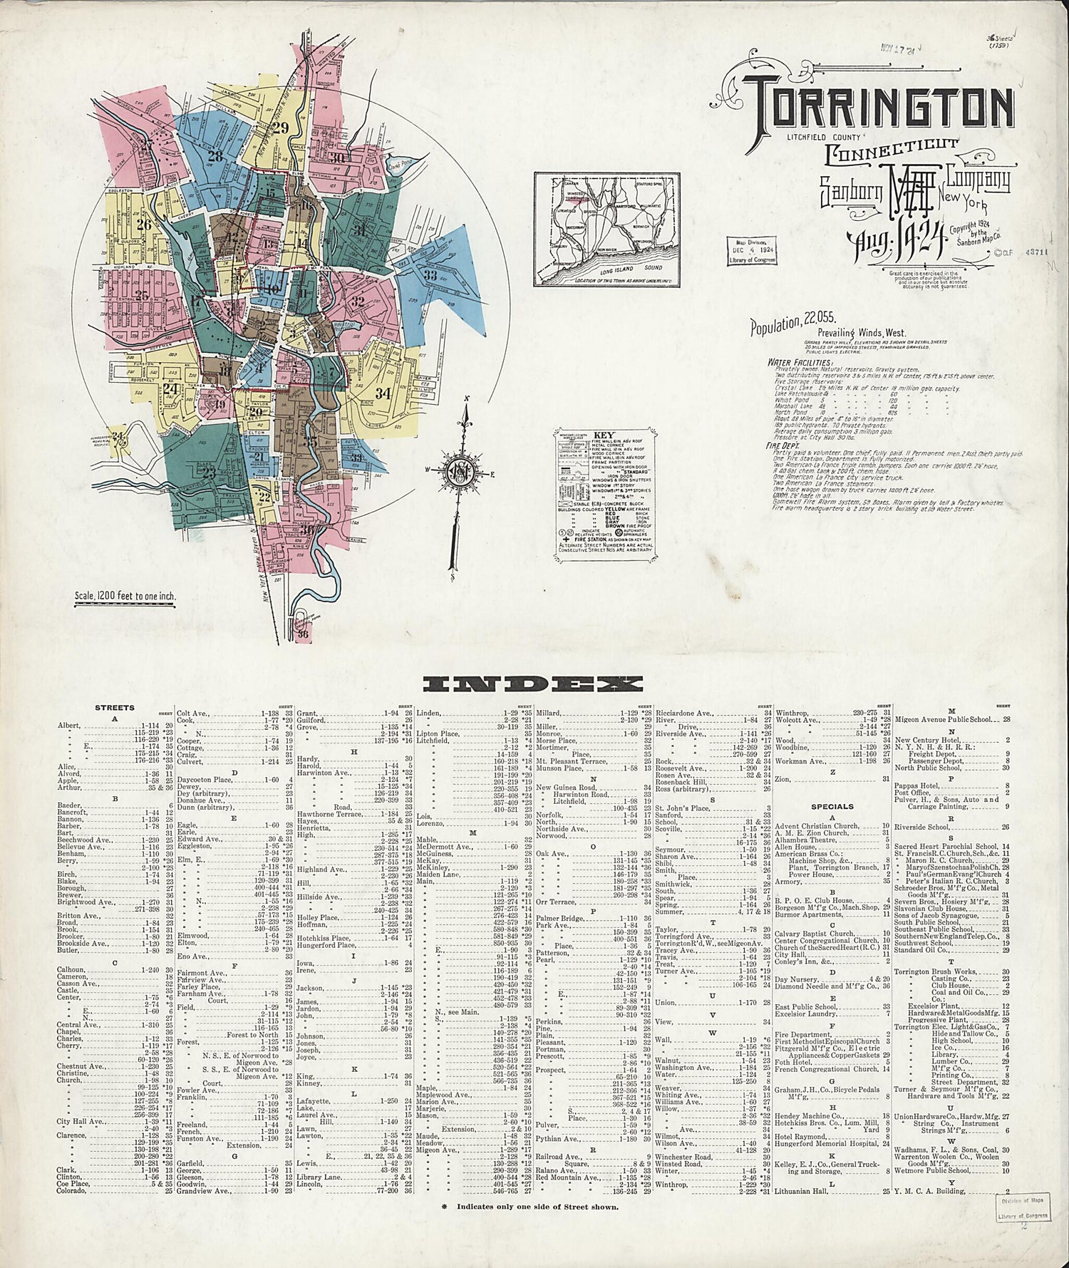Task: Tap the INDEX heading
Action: (x=533, y=684)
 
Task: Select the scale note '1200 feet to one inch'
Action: (x=125, y=597)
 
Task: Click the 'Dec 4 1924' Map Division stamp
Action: (x=752, y=252)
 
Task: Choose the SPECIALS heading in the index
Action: (x=832, y=807)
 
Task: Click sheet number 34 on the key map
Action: (x=383, y=393)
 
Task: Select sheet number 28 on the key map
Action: (x=215, y=156)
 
